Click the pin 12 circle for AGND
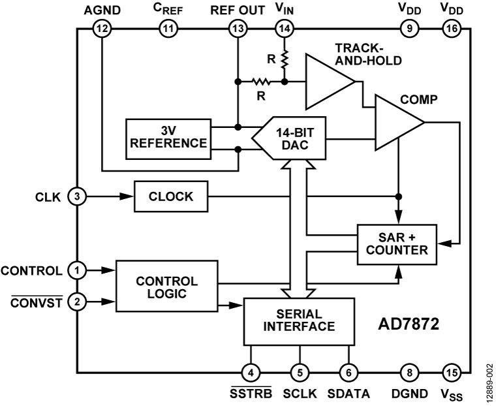(102, 28)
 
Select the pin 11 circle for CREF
(169, 28)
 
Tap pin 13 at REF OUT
(237, 28)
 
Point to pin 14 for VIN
(285, 28)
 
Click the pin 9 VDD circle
(409, 28)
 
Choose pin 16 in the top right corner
(452, 28)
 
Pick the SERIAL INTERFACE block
(299, 321)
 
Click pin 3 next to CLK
(78, 196)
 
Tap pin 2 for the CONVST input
(78, 302)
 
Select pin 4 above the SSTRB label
(251, 373)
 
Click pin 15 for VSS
(452, 373)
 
